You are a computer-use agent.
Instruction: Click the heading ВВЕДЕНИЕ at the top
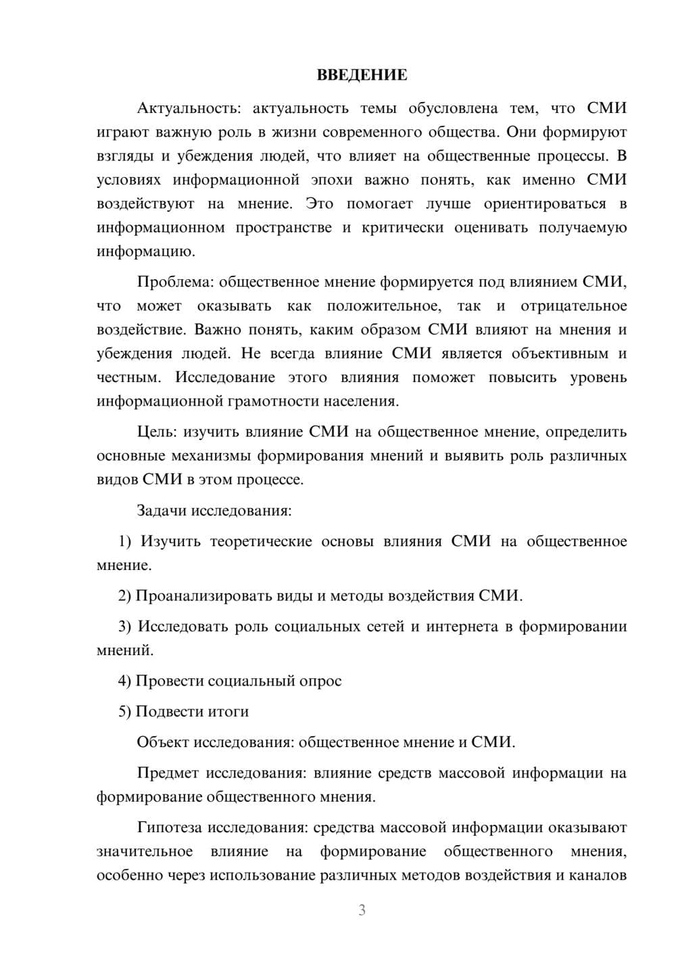click(362, 75)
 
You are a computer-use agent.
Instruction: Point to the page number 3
click(362, 910)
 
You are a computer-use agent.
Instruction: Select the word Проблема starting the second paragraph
click(174, 282)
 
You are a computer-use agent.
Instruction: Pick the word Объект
click(163, 742)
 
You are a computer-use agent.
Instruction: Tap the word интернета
click(462, 626)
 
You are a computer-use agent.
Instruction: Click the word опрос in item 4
click(321, 680)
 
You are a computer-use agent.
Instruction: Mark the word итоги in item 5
click(229, 711)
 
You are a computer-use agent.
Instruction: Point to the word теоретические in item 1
click(261, 541)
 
